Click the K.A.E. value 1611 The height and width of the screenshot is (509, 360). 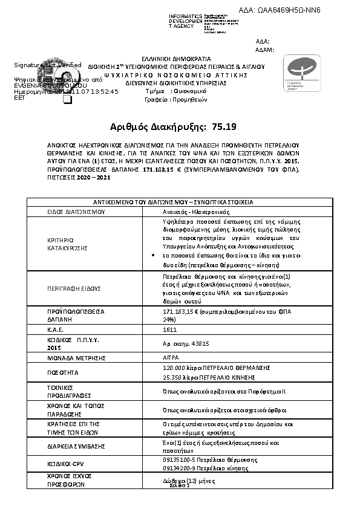pos(170,330)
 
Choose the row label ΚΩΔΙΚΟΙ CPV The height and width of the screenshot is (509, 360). pos(67,464)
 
